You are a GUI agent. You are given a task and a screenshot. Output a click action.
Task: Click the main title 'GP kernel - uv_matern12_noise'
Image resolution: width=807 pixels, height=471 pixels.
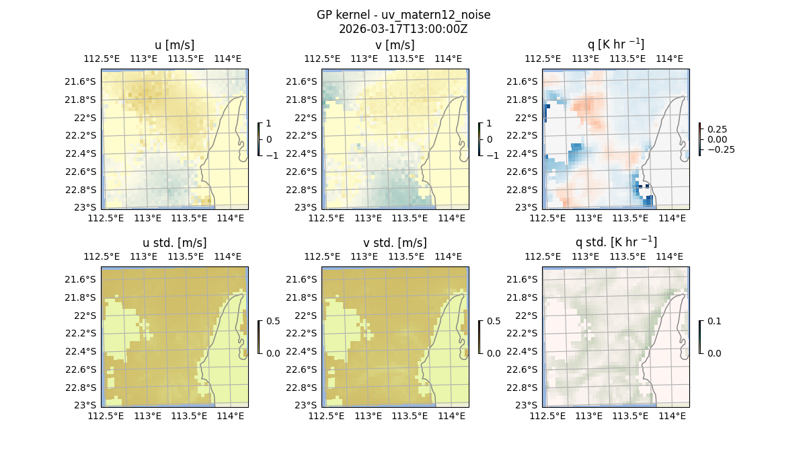pyautogui.click(x=403, y=15)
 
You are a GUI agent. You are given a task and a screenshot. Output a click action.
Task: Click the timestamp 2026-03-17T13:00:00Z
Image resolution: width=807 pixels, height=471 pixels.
pyautogui.click(x=403, y=29)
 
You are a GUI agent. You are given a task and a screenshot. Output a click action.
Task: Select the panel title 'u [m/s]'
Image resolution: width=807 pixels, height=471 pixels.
pyautogui.click(x=174, y=45)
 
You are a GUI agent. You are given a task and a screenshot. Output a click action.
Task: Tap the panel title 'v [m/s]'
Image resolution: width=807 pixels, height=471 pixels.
pyautogui.click(x=395, y=45)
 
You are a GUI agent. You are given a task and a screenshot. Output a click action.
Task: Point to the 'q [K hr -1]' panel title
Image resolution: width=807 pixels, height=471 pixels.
pyautogui.click(x=615, y=44)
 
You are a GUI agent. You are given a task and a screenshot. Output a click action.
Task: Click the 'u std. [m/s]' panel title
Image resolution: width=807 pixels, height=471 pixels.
pyautogui.click(x=174, y=243)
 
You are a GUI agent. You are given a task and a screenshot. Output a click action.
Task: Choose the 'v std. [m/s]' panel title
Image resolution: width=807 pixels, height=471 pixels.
pyautogui.click(x=395, y=243)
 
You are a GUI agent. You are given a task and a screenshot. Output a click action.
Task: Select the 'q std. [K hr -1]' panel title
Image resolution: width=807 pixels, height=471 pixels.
pyautogui.click(x=615, y=242)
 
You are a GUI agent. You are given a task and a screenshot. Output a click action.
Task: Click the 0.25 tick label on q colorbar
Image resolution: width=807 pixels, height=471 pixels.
pyautogui.click(x=717, y=129)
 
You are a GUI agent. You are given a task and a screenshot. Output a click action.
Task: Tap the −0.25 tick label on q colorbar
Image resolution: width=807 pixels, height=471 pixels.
pyautogui.click(x=720, y=149)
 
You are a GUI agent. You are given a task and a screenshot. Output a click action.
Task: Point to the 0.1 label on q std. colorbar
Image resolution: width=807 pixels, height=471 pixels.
pyautogui.click(x=714, y=322)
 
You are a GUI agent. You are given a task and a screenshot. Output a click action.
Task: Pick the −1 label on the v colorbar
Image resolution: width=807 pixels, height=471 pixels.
pyautogui.click(x=492, y=155)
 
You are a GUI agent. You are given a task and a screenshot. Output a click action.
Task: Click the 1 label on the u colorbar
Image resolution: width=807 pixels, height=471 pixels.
pyautogui.click(x=269, y=124)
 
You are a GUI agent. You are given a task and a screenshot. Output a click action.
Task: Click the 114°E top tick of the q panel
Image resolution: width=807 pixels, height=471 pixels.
pyautogui.click(x=669, y=59)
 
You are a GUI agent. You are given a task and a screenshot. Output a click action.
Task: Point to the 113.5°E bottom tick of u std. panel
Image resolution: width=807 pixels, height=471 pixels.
pyautogui.click(x=189, y=416)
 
